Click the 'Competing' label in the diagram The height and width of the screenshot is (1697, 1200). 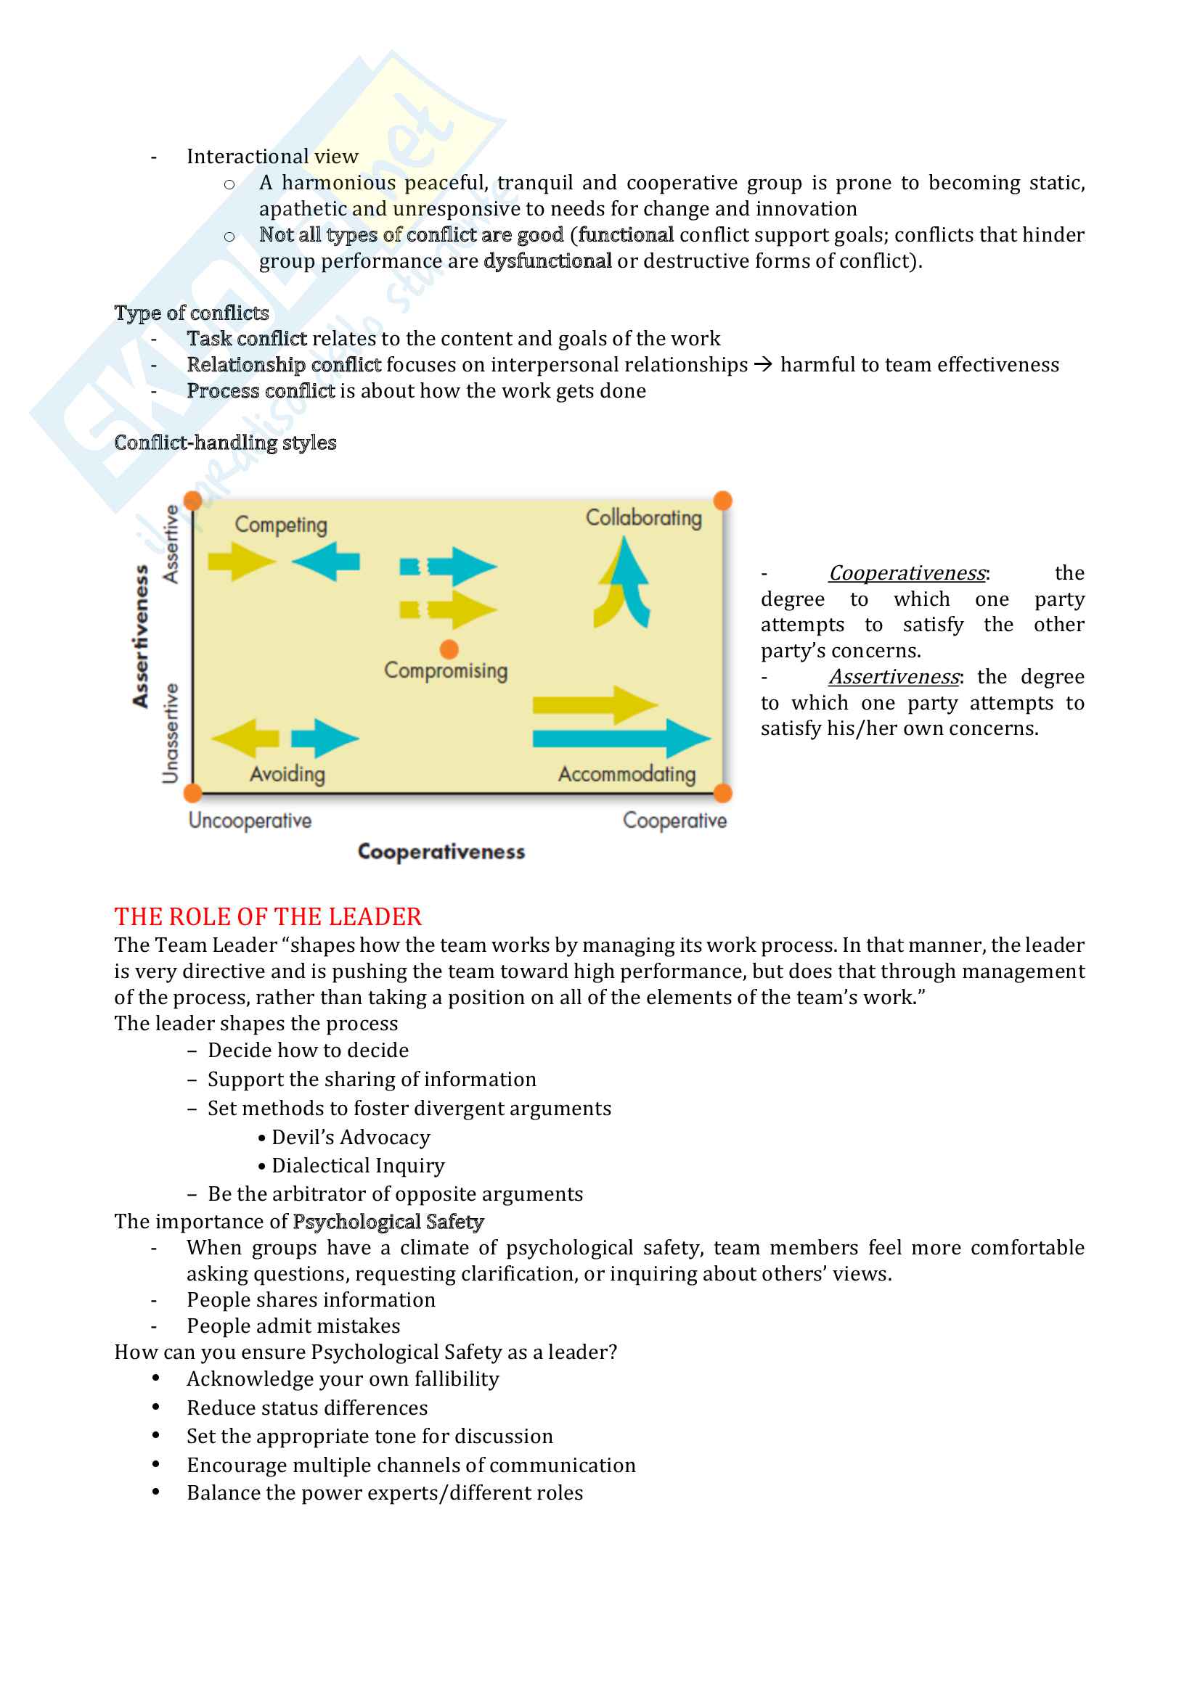(281, 525)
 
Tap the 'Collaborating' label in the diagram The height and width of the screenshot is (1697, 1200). (643, 517)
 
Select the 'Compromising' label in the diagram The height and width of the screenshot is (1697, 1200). (446, 670)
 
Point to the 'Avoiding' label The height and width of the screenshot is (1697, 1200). (287, 774)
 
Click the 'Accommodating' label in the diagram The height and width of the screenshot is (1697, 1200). (627, 774)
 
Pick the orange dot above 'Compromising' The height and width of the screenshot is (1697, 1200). (449, 649)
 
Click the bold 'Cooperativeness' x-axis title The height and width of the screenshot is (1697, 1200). (441, 852)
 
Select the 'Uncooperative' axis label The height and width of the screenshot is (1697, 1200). (250, 821)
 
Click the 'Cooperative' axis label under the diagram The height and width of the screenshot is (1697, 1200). (674, 821)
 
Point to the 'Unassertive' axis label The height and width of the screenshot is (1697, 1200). (171, 733)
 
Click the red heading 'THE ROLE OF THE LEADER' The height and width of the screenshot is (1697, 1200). (268, 916)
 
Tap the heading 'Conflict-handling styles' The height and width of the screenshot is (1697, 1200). (226, 443)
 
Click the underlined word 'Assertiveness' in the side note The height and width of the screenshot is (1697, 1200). (893, 677)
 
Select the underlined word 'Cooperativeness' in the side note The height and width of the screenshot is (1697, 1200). (907, 573)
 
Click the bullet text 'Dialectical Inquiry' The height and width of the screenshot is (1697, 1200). (358, 1166)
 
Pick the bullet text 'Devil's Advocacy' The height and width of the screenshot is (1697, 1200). (351, 1138)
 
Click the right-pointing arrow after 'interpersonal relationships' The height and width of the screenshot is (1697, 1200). (764, 364)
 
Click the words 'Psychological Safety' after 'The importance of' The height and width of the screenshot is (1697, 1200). (388, 1222)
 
